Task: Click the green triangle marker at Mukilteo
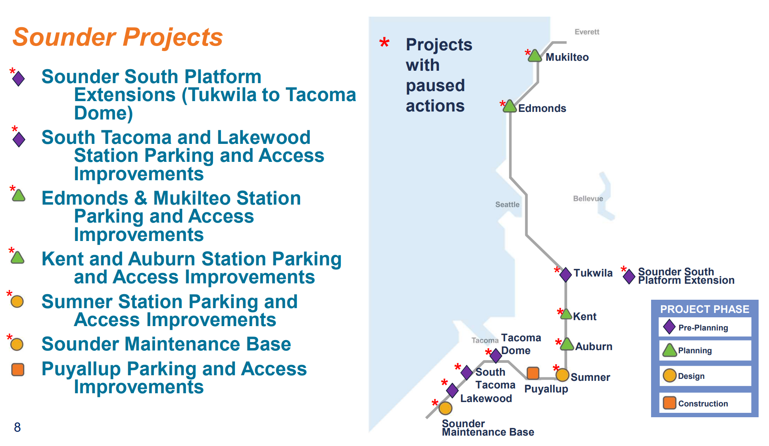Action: (x=535, y=56)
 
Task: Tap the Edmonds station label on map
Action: (x=542, y=108)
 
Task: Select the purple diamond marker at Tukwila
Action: (x=566, y=275)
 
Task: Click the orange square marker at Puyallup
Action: (x=533, y=373)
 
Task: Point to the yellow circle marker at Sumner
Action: (x=562, y=375)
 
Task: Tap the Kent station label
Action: (x=584, y=317)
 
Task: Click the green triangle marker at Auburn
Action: (x=567, y=345)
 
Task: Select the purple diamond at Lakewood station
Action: (x=452, y=390)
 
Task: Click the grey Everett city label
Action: (x=587, y=32)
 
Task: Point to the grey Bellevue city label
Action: (x=588, y=199)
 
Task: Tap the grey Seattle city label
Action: (x=507, y=205)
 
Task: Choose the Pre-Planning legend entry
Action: (x=703, y=328)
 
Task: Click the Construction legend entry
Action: (x=703, y=404)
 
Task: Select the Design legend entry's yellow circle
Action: (x=669, y=376)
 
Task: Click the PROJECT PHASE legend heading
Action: (x=704, y=309)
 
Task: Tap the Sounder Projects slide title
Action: (x=118, y=37)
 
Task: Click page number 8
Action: (x=17, y=427)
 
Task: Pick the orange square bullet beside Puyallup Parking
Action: (x=18, y=370)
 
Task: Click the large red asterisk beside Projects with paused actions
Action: (x=384, y=43)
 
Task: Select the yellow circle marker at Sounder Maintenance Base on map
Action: (x=445, y=408)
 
